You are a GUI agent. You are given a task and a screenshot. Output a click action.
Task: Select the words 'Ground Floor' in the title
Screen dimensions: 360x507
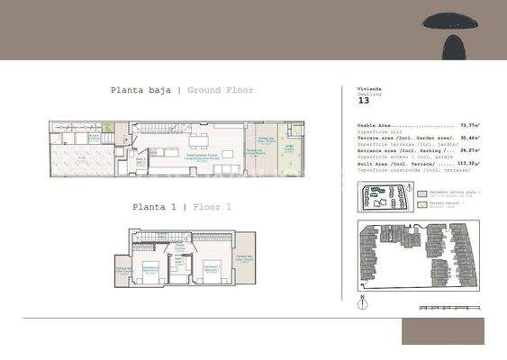(221, 90)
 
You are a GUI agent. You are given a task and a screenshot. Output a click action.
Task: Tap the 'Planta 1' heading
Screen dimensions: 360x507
(155, 207)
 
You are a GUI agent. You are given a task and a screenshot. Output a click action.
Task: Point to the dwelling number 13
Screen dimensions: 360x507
(365, 101)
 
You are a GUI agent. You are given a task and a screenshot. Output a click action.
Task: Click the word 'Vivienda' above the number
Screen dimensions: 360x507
(370, 90)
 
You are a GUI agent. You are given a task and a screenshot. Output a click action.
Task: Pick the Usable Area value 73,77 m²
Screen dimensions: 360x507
(469, 127)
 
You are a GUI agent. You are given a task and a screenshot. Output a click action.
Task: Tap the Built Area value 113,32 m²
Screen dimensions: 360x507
(467, 163)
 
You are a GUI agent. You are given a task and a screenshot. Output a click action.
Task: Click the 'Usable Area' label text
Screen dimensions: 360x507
(376, 127)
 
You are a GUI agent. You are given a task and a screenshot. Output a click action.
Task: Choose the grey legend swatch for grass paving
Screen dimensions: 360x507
(422, 193)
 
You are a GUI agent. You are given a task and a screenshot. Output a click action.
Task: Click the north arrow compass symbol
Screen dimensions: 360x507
(360, 301)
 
